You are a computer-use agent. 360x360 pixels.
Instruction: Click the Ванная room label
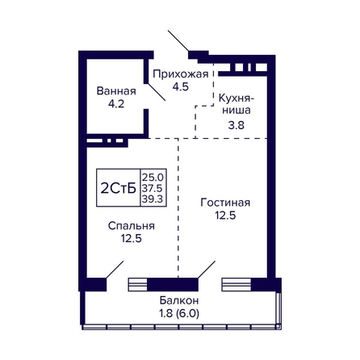(x=116, y=91)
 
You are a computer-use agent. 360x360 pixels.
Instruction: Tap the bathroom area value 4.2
(x=116, y=103)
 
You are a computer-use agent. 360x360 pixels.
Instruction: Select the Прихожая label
(x=181, y=74)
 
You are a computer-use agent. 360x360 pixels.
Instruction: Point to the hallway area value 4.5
(x=181, y=86)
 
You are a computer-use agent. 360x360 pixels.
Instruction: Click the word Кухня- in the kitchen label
(x=237, y=98)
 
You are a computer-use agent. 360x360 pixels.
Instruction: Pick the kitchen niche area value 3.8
(x=237, y=125)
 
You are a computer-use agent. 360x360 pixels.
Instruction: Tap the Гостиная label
(x=225, y=203)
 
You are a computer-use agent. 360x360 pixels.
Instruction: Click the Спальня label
(x=132, y=226)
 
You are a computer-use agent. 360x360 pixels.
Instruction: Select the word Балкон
(x=179, y=300)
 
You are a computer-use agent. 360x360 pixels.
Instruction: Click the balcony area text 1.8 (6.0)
(x=179, y=313)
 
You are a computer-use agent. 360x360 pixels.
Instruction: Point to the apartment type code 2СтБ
(x=119, y=188)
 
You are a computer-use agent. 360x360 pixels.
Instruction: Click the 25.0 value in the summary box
(x=153, y=178)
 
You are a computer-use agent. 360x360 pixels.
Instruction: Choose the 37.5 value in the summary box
(x=153, y=188)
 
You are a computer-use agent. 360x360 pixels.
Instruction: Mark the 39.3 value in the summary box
(x=153, y=199)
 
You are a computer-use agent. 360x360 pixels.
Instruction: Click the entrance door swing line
(x=178, y=40)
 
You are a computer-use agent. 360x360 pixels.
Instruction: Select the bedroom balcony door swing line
(x=115, y=270)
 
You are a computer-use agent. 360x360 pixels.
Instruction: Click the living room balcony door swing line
(x=207, y=270)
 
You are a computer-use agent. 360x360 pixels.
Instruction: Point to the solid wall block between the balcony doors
(x=173, y=284)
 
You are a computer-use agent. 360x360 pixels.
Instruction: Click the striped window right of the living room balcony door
(x=237, y=284)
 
